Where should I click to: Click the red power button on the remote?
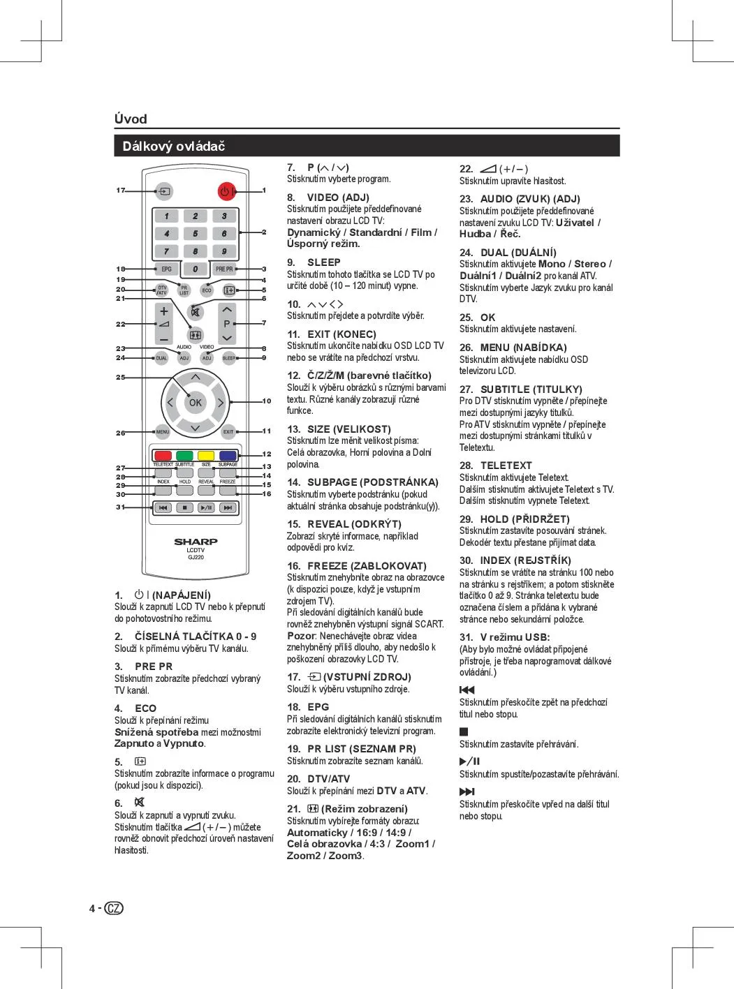tap(226, 191)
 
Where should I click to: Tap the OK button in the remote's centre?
tap(196, 402)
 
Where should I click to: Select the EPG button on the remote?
tap(166, 269)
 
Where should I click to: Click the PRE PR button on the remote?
tap(224, 269)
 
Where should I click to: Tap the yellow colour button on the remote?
tap(206, 456)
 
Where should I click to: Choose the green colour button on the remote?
tap(184, 456)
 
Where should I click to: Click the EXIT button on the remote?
tap(228, 432)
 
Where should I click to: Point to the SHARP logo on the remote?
tap(196, 542)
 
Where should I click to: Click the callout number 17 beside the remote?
tap(121, 191)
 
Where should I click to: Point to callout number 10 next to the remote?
tap(266, 401)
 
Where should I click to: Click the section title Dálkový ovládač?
tap(174, 147)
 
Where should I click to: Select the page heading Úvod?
tap(131, 119)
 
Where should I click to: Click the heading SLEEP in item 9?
tap(324, 262)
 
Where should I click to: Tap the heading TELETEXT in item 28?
tap(506, 466)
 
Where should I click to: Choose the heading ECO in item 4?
tap(145, 708)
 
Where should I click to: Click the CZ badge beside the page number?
tap(115, 908)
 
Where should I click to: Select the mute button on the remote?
tap(196, 312)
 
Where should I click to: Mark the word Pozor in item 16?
tap(300, 636)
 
